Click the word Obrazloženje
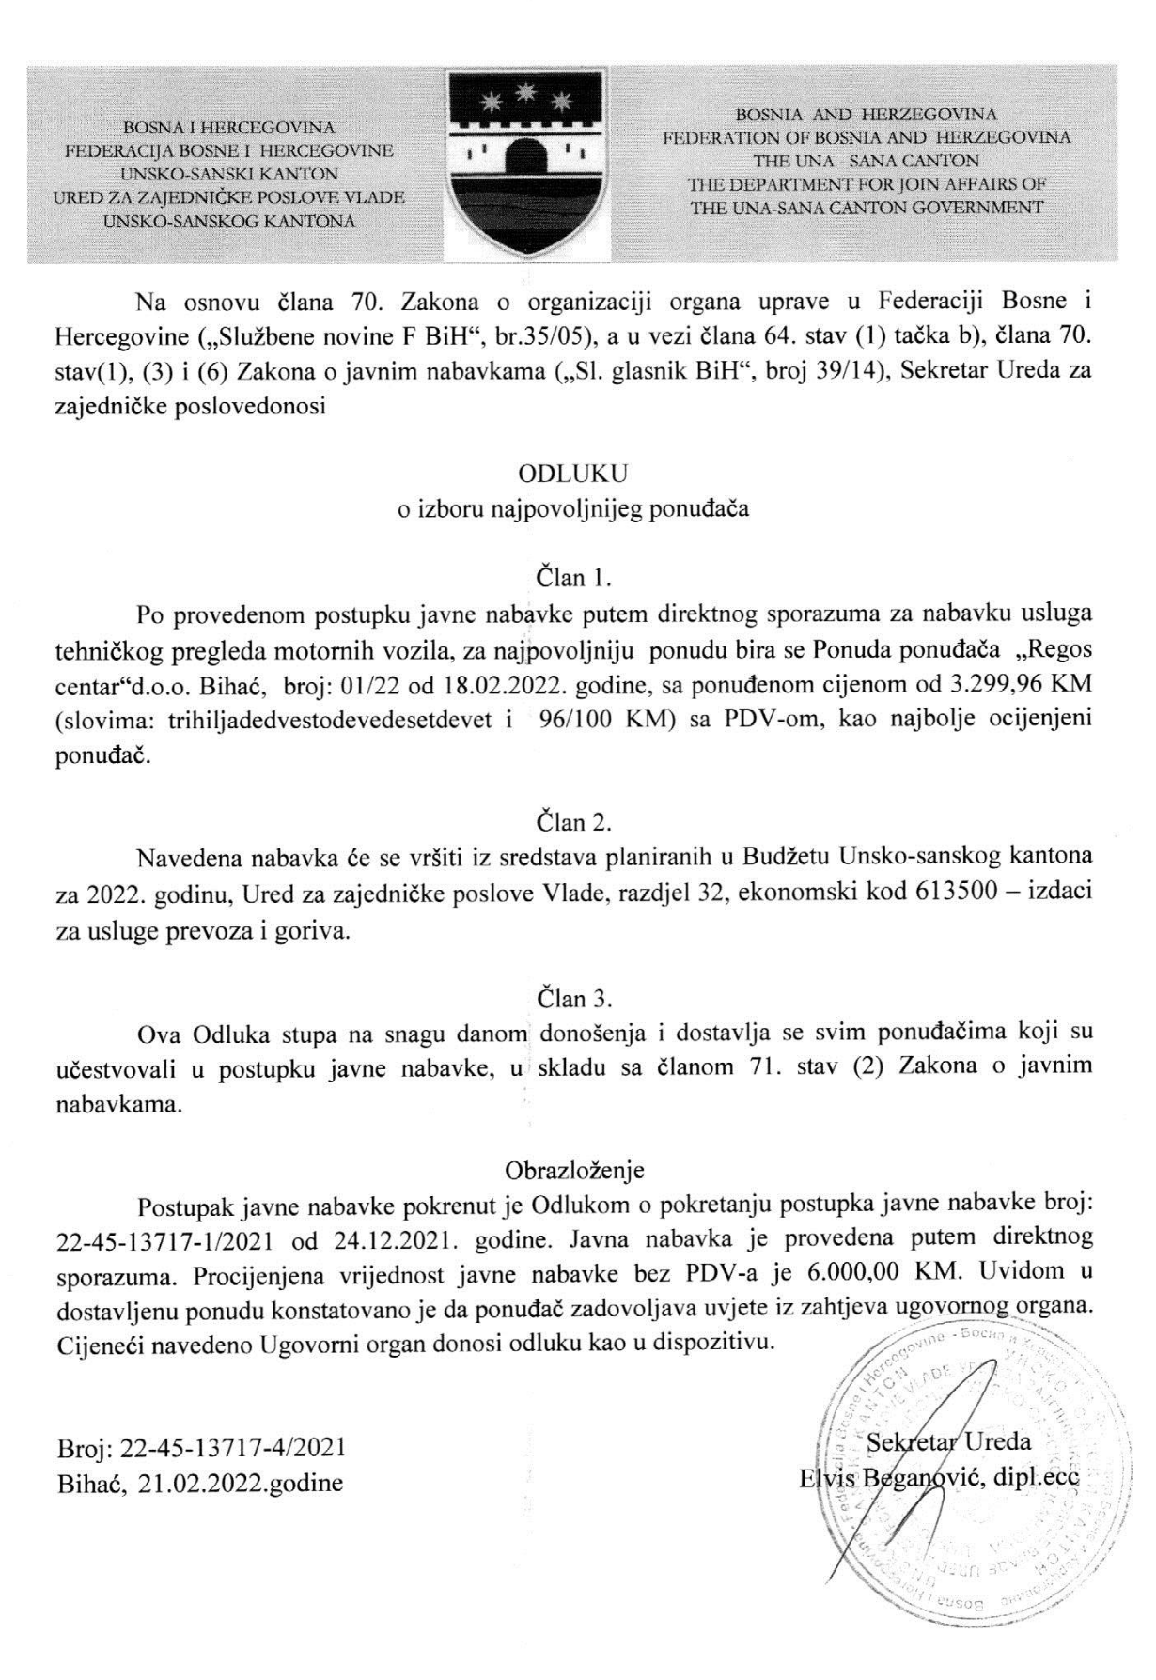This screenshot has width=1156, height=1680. coord(574,1171)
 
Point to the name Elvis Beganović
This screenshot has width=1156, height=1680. coord(889,1476)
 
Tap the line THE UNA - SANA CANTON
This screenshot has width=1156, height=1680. coord(866,161)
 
